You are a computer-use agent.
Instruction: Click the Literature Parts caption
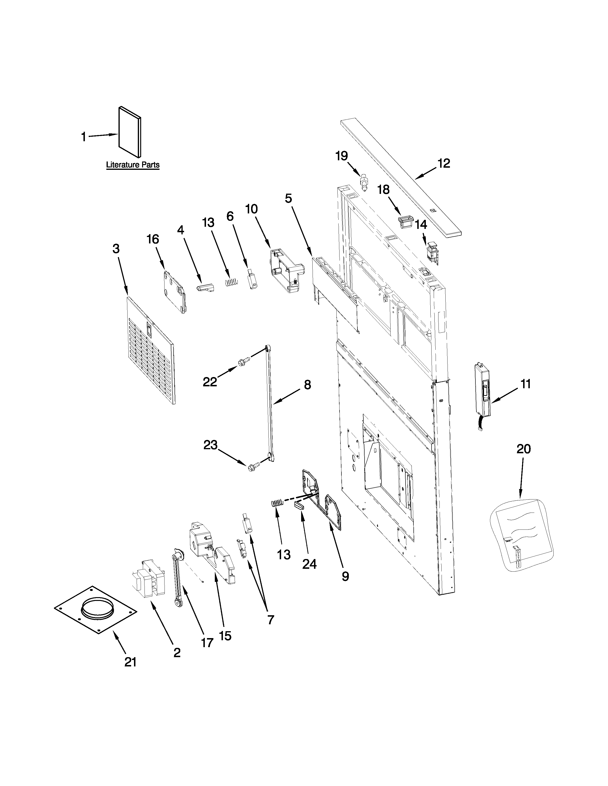133,165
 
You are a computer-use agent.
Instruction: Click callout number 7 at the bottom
271,619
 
